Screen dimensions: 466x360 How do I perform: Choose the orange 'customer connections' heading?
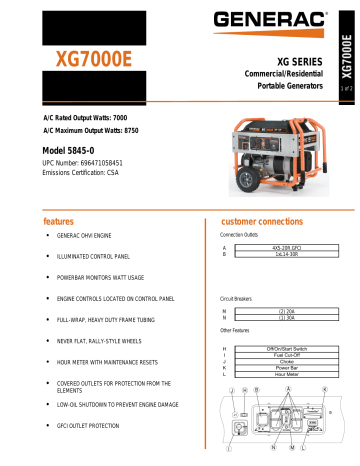[x=264, y=218]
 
